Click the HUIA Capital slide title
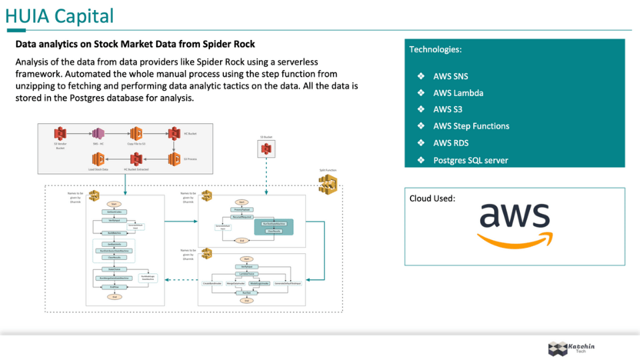pyautogui.click(x=59, y=16)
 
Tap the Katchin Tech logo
pyautogui.click(x=571, y=348)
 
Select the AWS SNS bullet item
pyautogui.click(x=451, y=76)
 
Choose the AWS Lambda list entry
pyautogui.click(x=458, y=93)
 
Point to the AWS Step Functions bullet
pyautogui.click(x=471, y=126)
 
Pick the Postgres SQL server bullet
pyautogui.click(x=470, y=160)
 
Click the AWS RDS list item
pyautogui.click(x=451, y=143)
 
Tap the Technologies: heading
pyautogui.click(x=435, y=49)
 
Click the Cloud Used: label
pyautogui.click(x=433, y=198)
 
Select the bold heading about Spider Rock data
pyautogui.click(x=135, y=45)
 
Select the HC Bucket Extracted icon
pyautogui.click(x=136, y=159)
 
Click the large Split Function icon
pyautogui.click(x=327, y=185)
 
